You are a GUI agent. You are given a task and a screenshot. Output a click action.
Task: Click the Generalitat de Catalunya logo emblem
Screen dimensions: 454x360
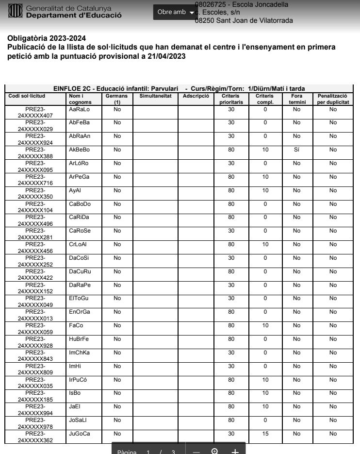pos(15,12)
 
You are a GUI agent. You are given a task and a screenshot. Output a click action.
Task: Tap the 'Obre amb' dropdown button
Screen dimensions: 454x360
pos(175,12)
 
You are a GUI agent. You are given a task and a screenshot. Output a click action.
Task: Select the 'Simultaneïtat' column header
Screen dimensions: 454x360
pos(155,96)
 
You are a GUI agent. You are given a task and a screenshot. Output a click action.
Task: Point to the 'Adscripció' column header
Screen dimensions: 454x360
pos(196,96)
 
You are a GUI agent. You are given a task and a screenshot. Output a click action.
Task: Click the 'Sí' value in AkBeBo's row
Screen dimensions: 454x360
pos(296,150)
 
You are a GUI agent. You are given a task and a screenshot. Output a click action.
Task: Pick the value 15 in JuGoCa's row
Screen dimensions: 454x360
pos(265,434)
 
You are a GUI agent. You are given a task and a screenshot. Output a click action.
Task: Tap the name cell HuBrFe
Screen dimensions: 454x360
pos(79,339)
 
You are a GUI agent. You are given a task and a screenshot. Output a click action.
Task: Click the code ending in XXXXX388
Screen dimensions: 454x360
pos(35,153)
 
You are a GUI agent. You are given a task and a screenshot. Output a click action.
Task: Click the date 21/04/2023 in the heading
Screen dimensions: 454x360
pos(164,56)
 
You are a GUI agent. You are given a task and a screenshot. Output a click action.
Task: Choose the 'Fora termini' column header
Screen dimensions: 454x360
pos(296,99)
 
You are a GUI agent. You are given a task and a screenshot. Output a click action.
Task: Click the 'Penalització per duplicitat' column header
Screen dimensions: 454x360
pos(333,99)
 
